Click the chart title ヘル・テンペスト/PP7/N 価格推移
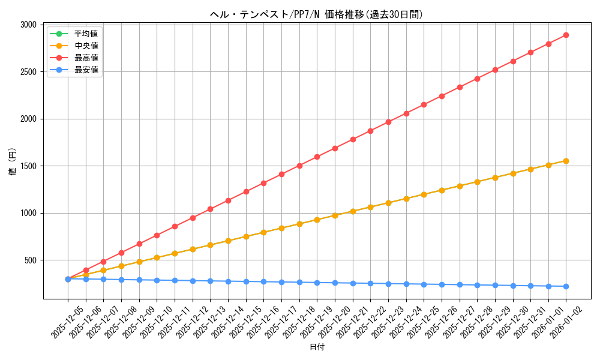pyautogui.click(x=316, y=14)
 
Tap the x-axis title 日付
pyautogui.click(x=317, y=347)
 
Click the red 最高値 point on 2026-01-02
pyautogui.click(x=566, y=35)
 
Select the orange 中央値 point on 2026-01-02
pyautogui.click(x=566, y=161)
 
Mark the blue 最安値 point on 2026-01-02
pyautogui.click(x=566, y=286)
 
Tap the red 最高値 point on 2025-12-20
pyautogui.click(x=335, y=148)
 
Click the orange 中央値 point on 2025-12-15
pyautogui.click(x=246, y=236)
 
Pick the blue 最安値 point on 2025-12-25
pyautogui.click(x=424, y=284)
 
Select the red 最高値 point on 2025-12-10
pyautogui.click(x=157, y=235)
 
